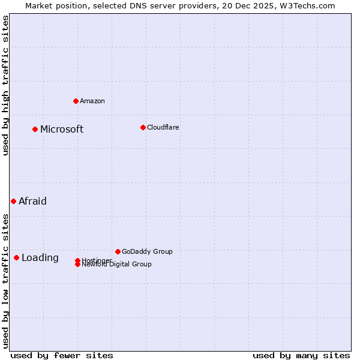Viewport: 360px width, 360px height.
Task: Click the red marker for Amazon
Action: coord(76,101)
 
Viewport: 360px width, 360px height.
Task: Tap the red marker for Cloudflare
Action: coord(143,127)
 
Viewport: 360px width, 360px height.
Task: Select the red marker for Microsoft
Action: coord(35,129)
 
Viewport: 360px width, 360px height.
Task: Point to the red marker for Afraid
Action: coord(13,201)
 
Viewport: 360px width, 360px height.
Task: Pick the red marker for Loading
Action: coord(16,257)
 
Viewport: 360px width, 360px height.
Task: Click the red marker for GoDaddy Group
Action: coord(118,251)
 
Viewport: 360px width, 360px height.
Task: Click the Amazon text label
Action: coord(92,101)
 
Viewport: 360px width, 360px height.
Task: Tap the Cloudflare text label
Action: coord(163,127)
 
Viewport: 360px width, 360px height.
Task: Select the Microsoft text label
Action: coord(62,129)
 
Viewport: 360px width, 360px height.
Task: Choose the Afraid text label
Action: coord(32,201)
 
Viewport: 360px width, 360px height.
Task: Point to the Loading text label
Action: coord(40,257)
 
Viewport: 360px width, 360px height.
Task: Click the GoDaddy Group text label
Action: coord(147,251)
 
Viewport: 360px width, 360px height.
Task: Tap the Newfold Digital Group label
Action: coord(116,265)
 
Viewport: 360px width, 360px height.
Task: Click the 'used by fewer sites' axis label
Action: coord(62,355)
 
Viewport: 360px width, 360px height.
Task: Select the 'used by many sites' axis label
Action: coord(301,355)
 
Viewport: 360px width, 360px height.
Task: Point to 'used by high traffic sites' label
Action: coord(5,85)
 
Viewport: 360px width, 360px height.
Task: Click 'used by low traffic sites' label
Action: coord(5,281)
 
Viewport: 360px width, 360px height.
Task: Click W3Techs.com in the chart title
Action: coord(306,5)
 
